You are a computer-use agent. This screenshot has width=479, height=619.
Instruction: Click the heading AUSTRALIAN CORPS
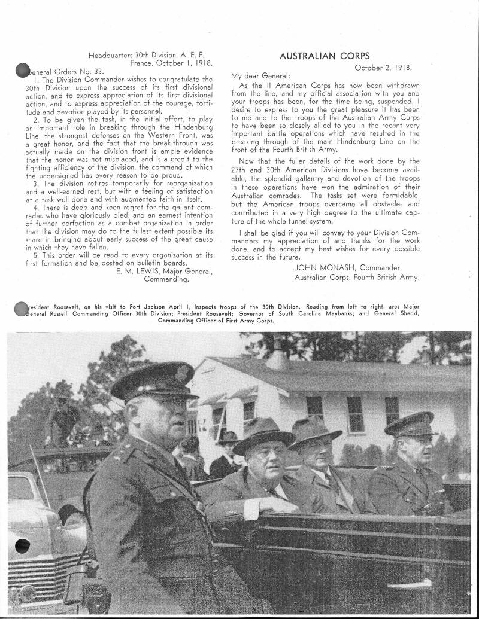pyautogui.click(x=325, y=56)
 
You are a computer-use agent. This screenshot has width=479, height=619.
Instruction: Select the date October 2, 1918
pyautogui.click(x=383, y=68)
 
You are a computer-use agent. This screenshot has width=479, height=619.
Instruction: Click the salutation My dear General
pyautogui.click(x=260, y=76)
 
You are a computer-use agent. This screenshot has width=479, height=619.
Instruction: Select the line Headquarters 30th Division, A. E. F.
pyautogui.click(x=150, y=55)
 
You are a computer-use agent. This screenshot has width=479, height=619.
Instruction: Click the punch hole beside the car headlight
pyautogui.click(x=22, y=545)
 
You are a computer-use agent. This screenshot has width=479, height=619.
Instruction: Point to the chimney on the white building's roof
pyautogui.click(x=277, y=359)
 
